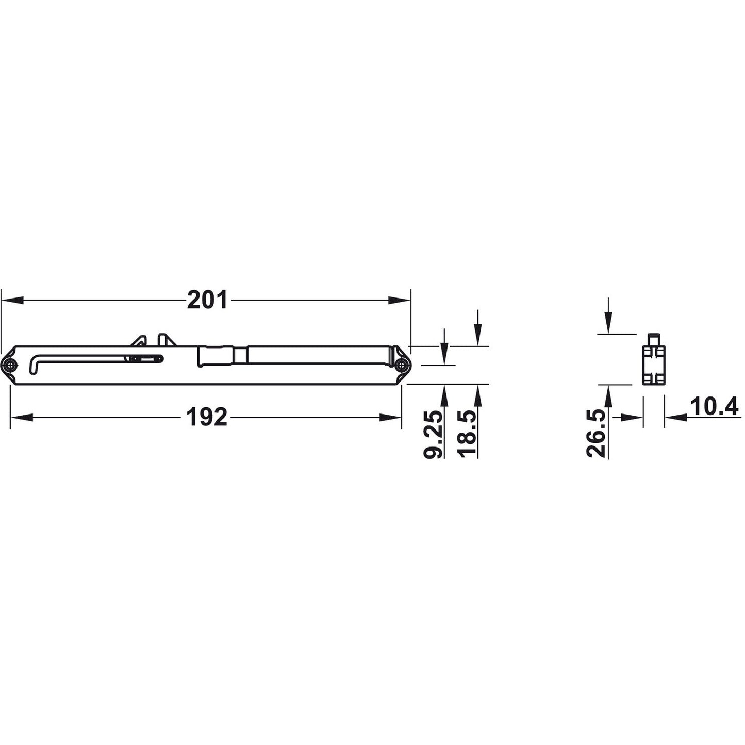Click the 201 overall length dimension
207,300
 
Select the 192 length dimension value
207,417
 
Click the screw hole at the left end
10,365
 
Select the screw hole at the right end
401,365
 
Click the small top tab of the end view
653,340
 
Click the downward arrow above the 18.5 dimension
478,335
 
